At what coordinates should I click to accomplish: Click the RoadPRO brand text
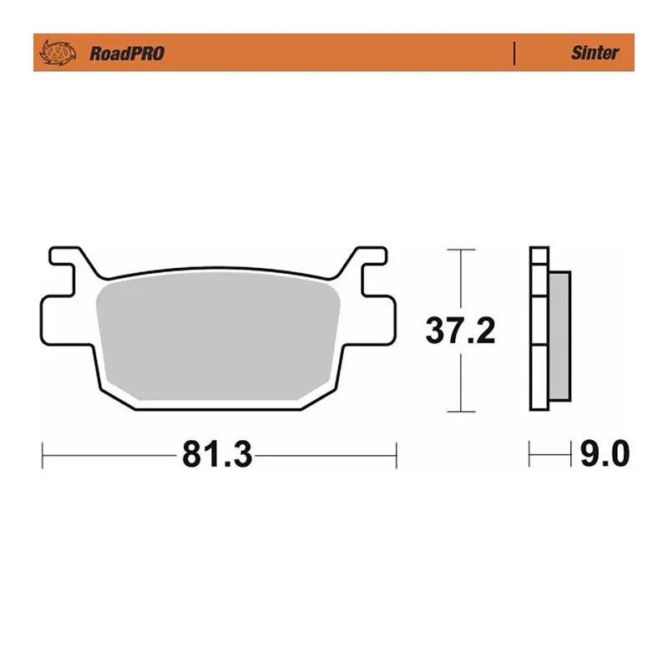(x=127, y=53)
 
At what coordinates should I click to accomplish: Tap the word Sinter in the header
(x=595, y=53)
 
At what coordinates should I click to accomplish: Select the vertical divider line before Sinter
(x=514, y=53)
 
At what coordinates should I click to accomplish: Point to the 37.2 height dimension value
(x=461, y=331)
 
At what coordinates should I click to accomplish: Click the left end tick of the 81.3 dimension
(x=43, y=456)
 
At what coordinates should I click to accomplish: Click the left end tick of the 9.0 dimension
(x=530, y=456)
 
